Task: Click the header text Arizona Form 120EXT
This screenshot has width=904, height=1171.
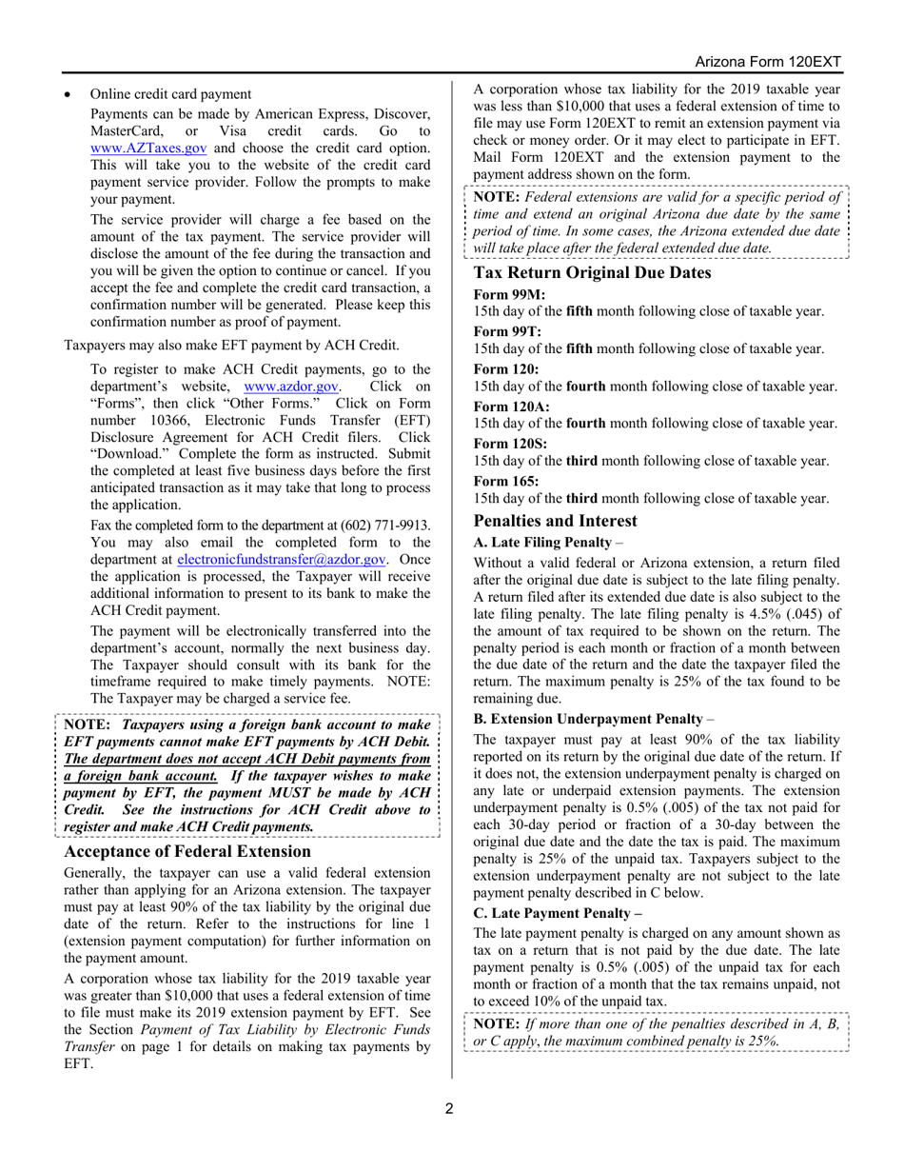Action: pyautogui.click(x=768, y=62)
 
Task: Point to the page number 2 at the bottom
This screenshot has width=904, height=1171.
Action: pyautogui.click(x=451, y=1108)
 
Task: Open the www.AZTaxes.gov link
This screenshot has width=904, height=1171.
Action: pyautogui.click(x=148, y=148)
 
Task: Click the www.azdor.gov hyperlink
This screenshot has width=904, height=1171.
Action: pyautogui.click(x=292, y=387)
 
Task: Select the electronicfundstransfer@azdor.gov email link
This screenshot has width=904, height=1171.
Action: pyautogui.click(x=282, y=560)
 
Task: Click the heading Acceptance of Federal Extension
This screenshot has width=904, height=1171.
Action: pyautogui.click(x=187, y=851)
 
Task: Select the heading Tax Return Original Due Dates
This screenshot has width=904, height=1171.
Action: pyautogui.click(x=592, y=272)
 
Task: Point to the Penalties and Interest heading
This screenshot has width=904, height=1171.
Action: pyautogui.click(x=556, y=521)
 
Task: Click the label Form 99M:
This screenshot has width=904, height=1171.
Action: pyautogui.click(x=510, y=294)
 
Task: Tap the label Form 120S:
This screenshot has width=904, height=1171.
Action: pyautogui.click(x=512, y=443)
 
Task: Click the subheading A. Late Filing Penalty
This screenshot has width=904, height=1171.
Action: pyautogui.click(x=541, y=542)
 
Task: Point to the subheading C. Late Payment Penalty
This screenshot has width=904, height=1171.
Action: pyautogui.click(x=557, y=912)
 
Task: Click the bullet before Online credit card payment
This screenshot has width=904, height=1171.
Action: pyautogui.click(x=68, y=94)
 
